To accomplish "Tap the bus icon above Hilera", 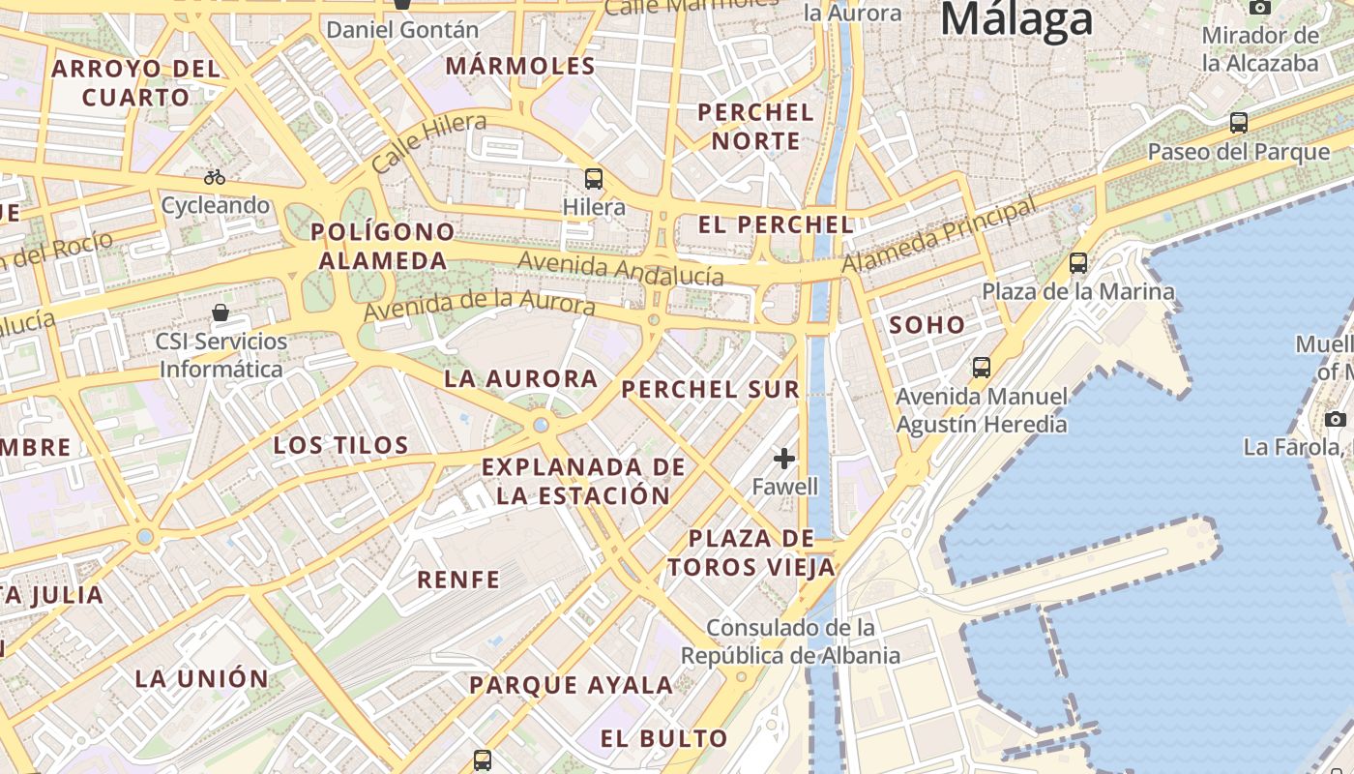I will tap(594, 179).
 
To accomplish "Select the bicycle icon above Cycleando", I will tap(215, 177).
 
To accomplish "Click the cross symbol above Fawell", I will tap(784, 458).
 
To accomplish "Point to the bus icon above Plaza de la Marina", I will tap(1078, 262).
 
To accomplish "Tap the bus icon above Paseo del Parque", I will tap(1238, 123).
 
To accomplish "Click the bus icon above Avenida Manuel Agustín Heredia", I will tap(982, 368).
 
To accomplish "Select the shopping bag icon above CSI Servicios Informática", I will tap(221, 313).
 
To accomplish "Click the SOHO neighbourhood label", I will tap(927, 325).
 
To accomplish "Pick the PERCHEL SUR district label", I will tap(711, 390).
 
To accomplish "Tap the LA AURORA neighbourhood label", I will tap(520, 379).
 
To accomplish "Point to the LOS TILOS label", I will tap(340, 445).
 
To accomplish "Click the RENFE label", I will tap(458, 580).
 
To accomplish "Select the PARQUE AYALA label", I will tap(571, 686).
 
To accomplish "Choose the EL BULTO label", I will tap(663, 739).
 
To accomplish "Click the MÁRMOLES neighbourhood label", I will tap(520, 67).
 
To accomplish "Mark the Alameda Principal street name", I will tap(938, 234).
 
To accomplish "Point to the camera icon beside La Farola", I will tap(1336, 419).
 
